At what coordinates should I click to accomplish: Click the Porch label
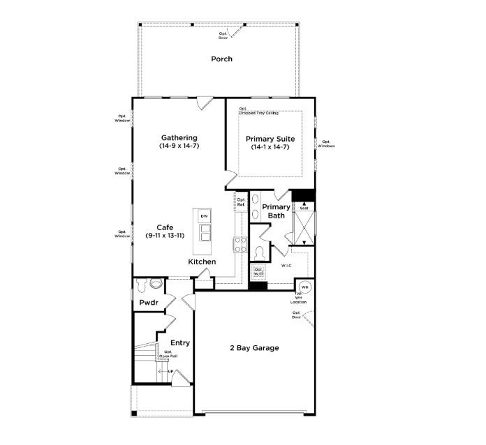point(221,59)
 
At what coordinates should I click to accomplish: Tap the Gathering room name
point(179,138)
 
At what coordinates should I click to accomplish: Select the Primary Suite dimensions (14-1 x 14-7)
point(270,146)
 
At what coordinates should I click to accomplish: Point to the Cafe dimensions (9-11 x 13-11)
point(165,236)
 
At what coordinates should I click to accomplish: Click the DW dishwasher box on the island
point(204,216)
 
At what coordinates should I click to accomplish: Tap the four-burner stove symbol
point(240,244)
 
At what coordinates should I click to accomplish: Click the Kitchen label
point(202,262)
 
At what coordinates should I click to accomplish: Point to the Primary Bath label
point(276,211)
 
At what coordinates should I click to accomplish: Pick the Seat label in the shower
point(304,207)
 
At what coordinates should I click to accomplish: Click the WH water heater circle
point(304,287)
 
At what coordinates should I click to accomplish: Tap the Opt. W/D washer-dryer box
point(258,271)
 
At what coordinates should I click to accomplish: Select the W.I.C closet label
point(286,266)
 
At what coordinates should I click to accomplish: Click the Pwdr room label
point(148,303)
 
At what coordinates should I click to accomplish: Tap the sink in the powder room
point(156,284)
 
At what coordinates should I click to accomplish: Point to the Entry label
point(180,342)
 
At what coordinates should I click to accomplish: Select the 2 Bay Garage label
point(255,347)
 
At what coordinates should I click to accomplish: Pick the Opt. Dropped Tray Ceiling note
point(258,111)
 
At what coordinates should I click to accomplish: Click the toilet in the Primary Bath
point(259,252)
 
